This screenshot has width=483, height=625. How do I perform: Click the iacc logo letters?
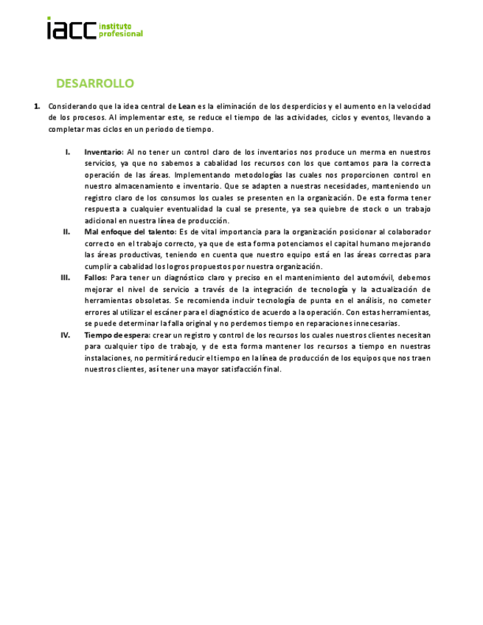click(x=71, y=29)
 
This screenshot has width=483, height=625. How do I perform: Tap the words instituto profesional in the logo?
click(x=120, y=30)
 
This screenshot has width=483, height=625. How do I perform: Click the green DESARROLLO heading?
click(x=94, y=83)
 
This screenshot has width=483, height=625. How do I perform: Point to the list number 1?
click(x=37, y=106)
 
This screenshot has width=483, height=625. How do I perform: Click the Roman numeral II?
click(x=66, y=232)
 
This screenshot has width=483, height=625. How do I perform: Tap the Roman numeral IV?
click(x=66, y=335)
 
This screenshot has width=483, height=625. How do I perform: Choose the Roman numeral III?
click(x=66, y=277)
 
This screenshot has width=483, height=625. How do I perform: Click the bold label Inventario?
click(x=104, y=152)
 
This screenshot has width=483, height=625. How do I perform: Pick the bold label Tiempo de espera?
click(x=117, y=335)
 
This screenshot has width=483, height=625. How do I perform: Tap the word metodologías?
click(x=257, y=175)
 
